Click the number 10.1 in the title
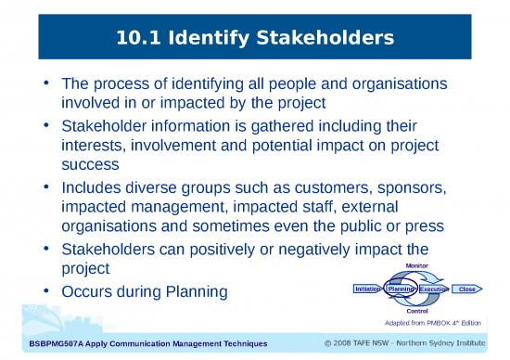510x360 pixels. pos(141,38)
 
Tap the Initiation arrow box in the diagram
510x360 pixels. pos(367,289)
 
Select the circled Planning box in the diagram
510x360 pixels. pos(402,289)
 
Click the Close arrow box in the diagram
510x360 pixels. pos(467,289)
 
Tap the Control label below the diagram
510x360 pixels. pos(410,311)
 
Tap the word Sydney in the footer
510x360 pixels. pos(442,344)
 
